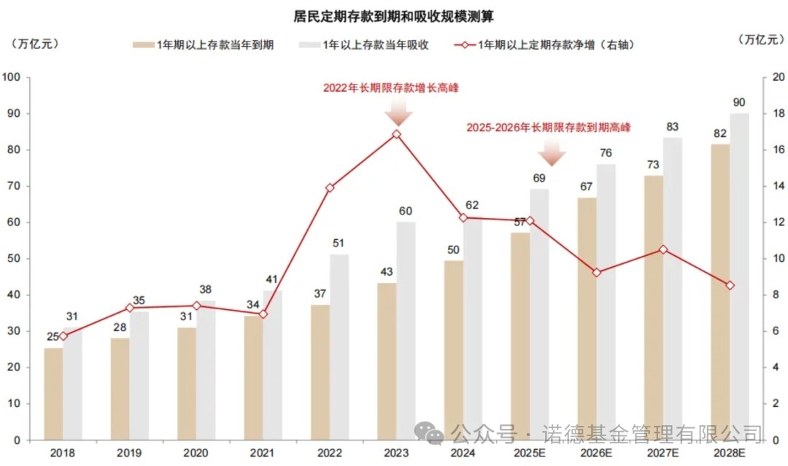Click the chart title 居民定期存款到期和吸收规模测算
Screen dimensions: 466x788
tap(394, 15)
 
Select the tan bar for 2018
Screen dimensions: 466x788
tap(53, 394)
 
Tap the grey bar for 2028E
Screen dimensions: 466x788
tap(739, 277)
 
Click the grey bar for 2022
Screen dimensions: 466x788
tap(339, 347)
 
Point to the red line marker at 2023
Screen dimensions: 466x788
tap(396, 134)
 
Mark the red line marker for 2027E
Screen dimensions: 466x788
tap(663, 249)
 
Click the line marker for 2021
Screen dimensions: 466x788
tap(263, 314)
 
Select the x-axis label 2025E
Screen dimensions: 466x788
tap(530, 454)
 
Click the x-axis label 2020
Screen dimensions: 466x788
tap(196, 454)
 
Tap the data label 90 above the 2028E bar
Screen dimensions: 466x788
tap(739, 101)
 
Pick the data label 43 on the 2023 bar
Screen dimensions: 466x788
tap(387, 272)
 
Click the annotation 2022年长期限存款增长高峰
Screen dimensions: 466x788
tap(396, 88)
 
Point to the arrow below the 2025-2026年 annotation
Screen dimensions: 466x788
tap(552, 153)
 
